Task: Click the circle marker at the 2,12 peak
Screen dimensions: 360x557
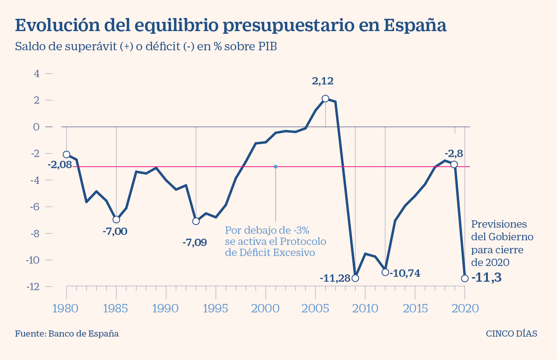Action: [325, 99]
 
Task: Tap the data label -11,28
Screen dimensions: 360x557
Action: [335, 278]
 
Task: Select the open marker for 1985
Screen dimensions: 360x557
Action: [116, 220]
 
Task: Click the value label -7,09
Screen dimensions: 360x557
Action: [194, 243]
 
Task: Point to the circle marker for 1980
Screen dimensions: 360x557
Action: [66, 155]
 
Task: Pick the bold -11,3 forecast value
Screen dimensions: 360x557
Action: [486, 277]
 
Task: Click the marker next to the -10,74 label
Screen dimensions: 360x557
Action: [385, 272]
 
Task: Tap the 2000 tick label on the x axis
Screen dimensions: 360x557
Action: [265, 309]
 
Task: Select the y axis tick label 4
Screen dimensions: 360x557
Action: [37, 73]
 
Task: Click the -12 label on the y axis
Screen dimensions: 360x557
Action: [34, 287]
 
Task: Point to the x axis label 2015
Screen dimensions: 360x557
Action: [415, 309]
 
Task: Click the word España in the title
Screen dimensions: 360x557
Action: [415, 25]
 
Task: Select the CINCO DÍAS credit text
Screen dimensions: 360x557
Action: [511, 334]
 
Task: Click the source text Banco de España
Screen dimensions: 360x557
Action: [83, 334]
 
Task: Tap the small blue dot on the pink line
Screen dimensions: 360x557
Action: [275, 167]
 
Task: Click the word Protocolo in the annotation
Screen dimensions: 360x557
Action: [303, 241]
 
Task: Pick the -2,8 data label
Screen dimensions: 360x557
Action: [453, 154]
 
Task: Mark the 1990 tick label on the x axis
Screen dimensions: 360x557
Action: [166, 309]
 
